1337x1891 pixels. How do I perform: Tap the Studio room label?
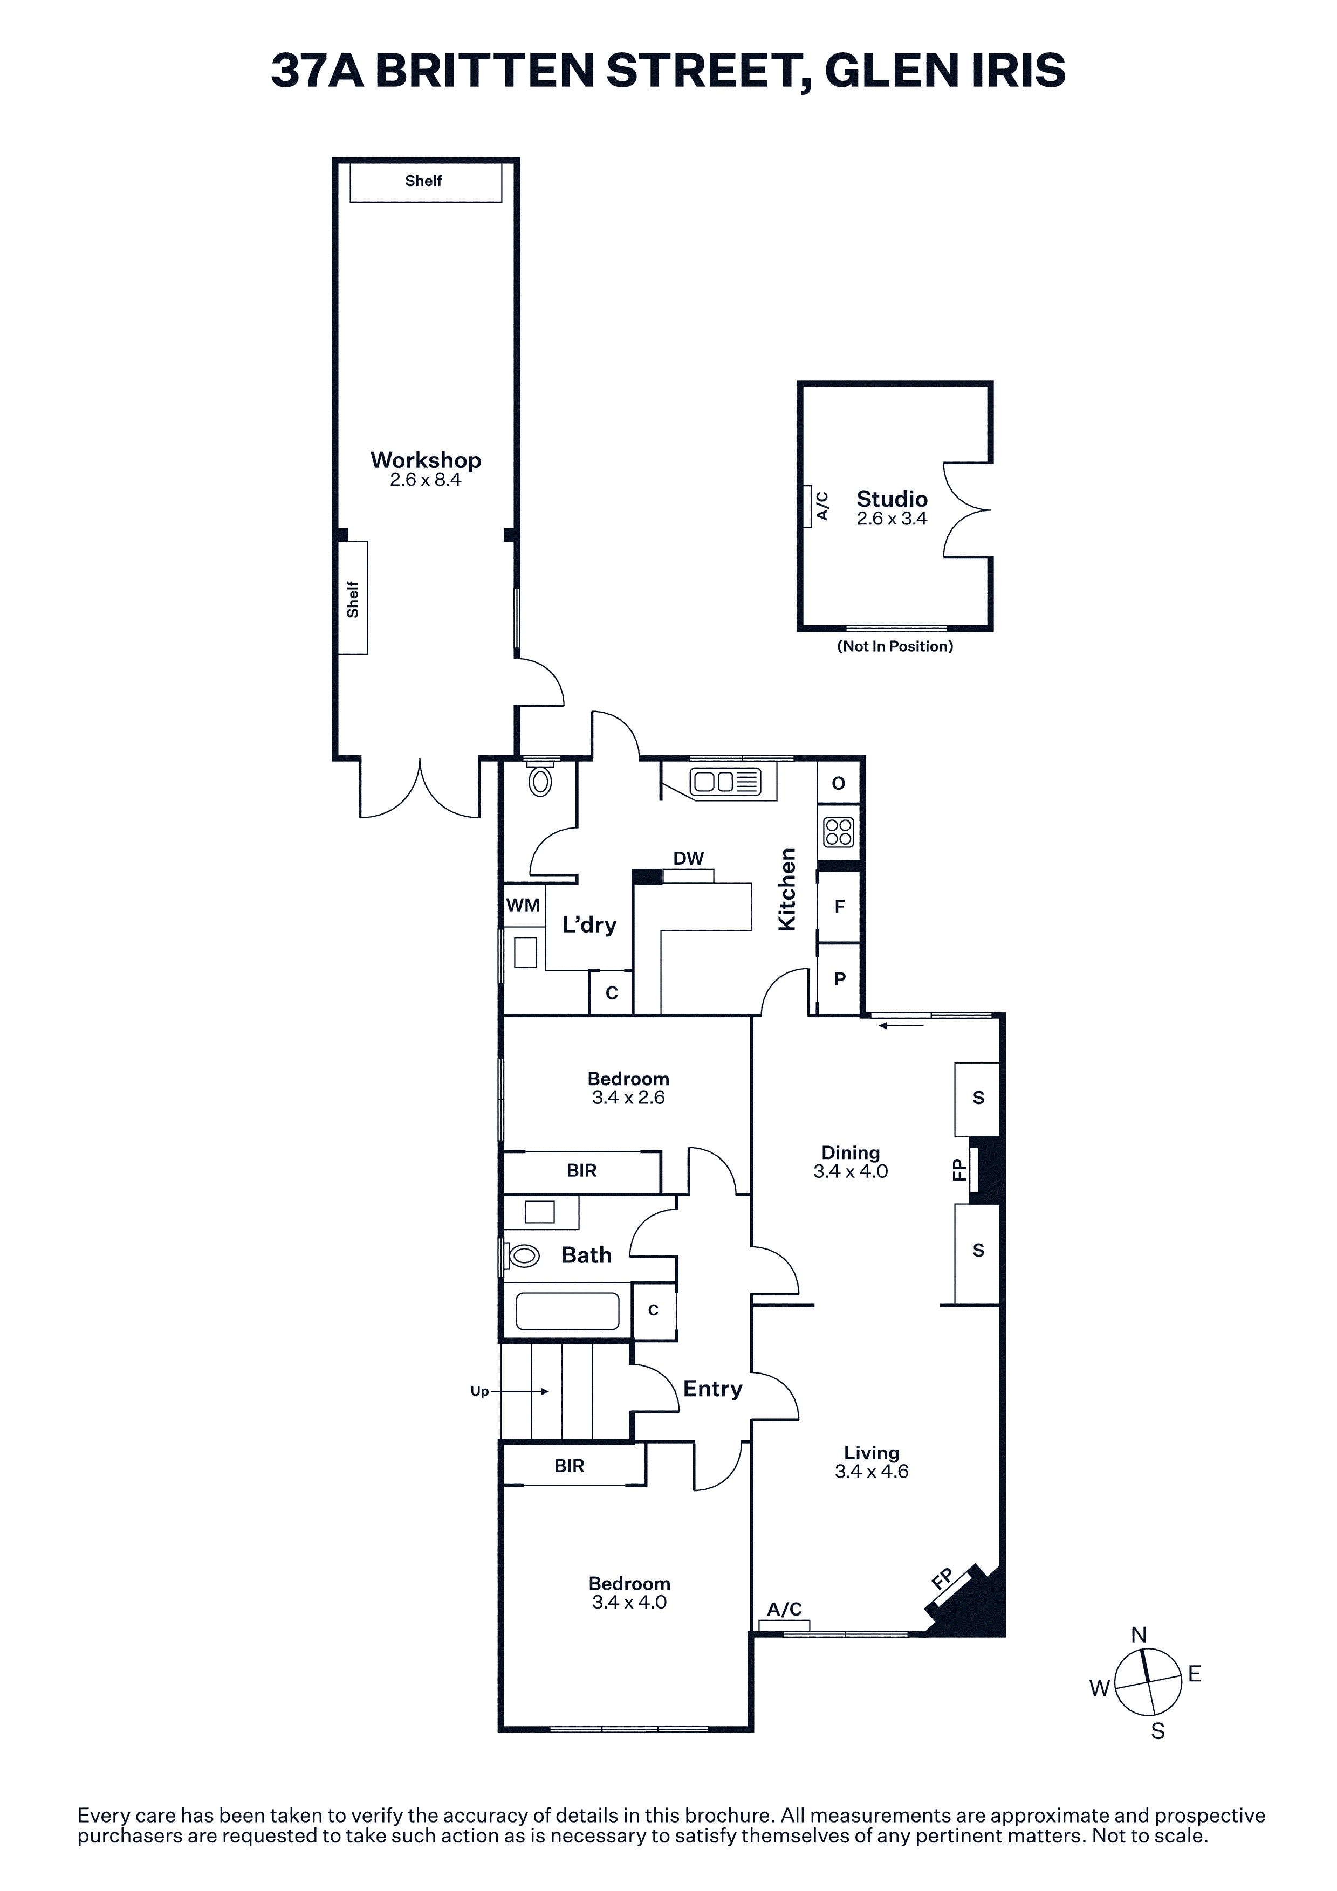pos(892,499)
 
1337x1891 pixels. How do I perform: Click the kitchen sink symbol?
pos(726,781)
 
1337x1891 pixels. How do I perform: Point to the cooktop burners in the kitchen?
pos(839,832)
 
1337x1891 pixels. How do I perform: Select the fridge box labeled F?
pos(839,907)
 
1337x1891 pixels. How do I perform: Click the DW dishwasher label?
pos(689,858)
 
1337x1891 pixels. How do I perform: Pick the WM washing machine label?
pos(523,905)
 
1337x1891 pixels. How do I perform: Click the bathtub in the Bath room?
pos(567,1310)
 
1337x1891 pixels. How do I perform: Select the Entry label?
pos(712,1389)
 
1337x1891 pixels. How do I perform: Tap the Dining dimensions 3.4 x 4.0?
pos(851,1171)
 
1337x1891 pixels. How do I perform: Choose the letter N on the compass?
pos(1139,1635)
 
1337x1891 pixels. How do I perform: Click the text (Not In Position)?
pos(895,646)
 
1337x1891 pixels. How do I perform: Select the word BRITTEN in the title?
pos(485,70)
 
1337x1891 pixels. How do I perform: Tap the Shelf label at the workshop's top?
pos(423,181)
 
